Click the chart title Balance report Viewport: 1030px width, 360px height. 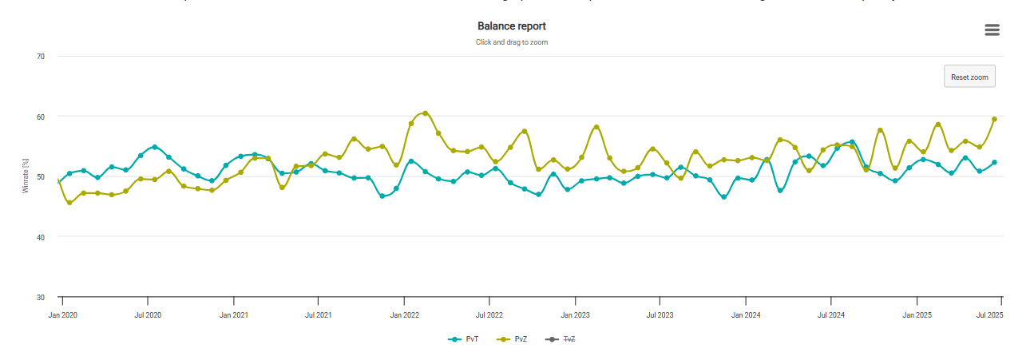pos(511,26)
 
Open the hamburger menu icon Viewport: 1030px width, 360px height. pos(992,30)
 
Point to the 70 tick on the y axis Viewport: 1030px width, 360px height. pos(40,57)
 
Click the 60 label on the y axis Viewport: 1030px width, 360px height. pos(40,117)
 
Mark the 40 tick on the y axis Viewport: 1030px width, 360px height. pos(40,237)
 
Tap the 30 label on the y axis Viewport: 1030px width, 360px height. pos(40,298)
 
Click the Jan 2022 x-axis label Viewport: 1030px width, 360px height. pos(405,315)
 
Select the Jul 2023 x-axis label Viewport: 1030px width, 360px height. pos(660,315)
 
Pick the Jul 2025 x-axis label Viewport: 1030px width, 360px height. pos(990,315)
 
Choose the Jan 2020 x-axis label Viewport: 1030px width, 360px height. pos(63,315)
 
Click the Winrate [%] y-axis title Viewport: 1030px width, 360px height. pos(26,177)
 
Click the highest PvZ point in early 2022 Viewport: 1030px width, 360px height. pos(426,113)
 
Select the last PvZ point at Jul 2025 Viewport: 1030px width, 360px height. pos(994,119)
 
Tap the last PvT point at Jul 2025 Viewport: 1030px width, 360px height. pos(994,162)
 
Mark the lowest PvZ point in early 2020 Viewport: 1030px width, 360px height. pos(69,203)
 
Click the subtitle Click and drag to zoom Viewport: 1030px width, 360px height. pos(511,42)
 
